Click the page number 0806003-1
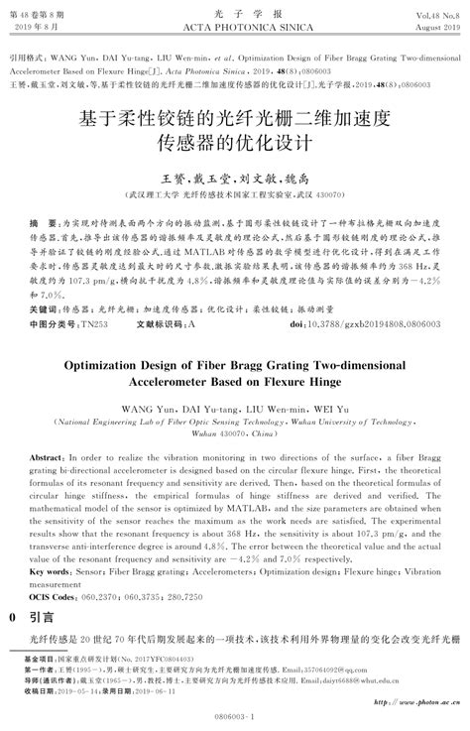pyautogui.click(x=234, y=714)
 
